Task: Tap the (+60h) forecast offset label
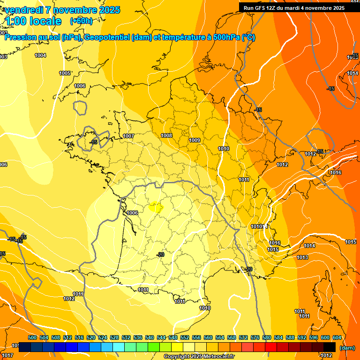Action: tap(81, 21)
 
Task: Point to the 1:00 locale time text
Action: tap(33, 21)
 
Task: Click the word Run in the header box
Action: tap(249, 8)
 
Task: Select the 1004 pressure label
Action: tap(40, 55)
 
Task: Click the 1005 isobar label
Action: tap(65, 73)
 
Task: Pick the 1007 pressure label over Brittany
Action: tap(128, 136)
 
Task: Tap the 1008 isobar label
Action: tap(166, 135)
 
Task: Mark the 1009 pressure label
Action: tap(195, 140)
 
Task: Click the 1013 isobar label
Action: tap(302, 257)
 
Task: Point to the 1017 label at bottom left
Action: tap(7, 356)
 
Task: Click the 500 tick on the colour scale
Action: tap(32, 337)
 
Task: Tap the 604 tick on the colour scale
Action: tap(337, 337)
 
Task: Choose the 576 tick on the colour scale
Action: tap(255, 337)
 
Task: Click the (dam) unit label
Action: tap(347, 348)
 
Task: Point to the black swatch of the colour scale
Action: tap(330, 347)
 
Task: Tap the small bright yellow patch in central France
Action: tap(155, 206)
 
